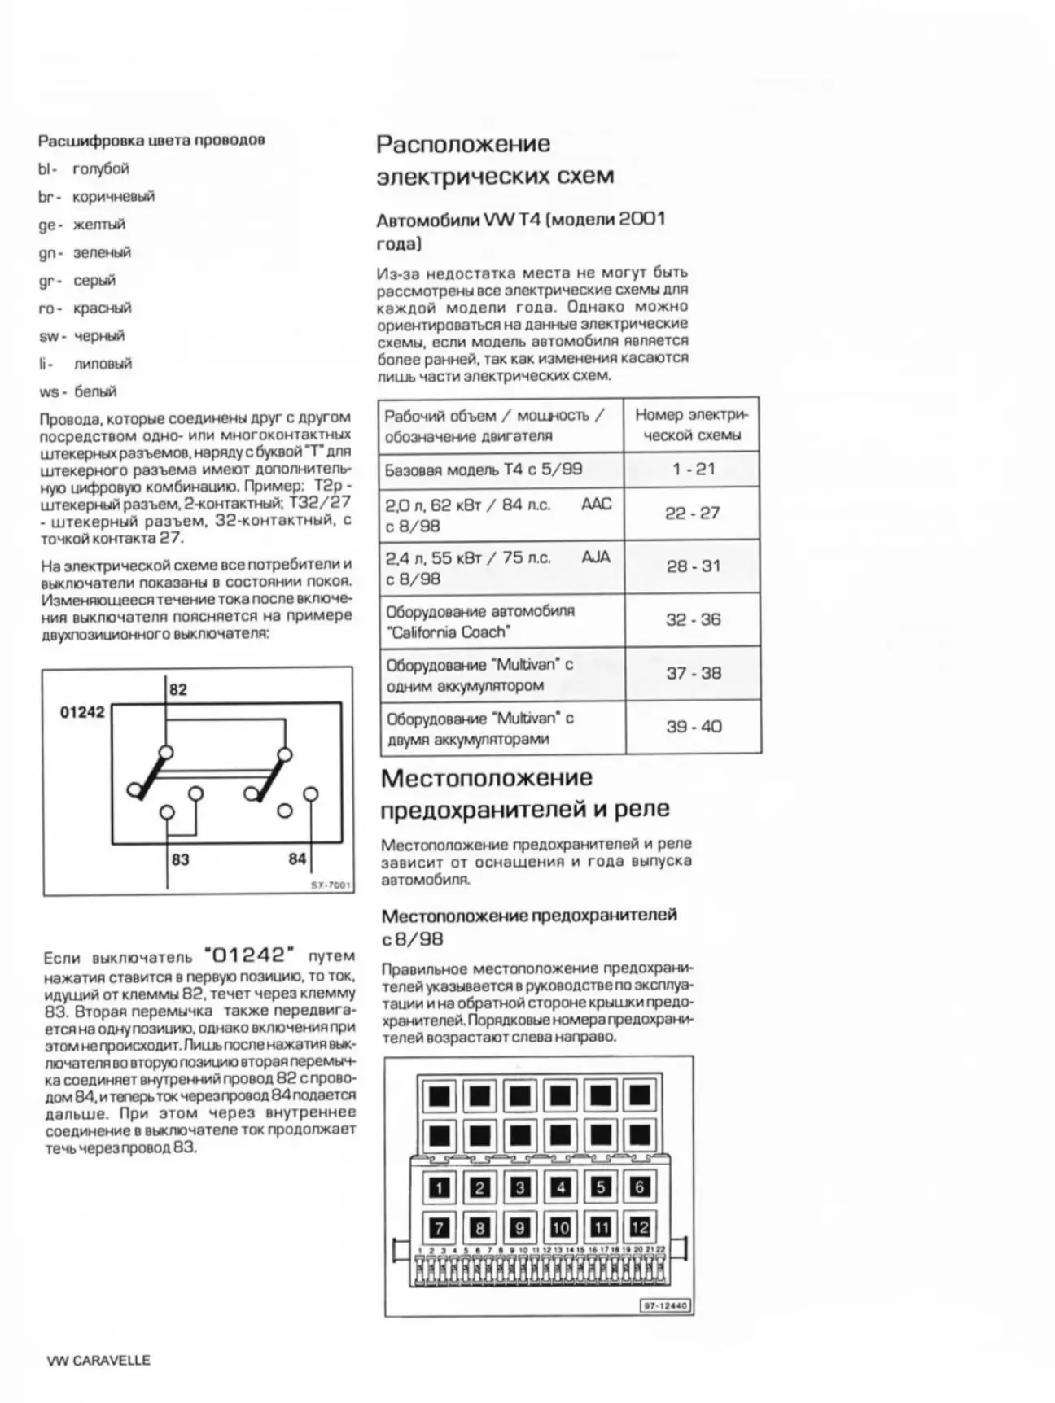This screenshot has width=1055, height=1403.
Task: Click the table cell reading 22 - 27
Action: pyautogui.click(x=693, y=514)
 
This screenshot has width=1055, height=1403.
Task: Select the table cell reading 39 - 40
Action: pyautogui.click(x=694, y=727)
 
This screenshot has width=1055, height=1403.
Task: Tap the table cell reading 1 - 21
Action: pyautogui.click(x=693, y=470)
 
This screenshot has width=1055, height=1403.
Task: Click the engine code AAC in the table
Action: pyautogui.click(x=596, y=505)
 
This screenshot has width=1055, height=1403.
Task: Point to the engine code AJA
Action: pyautogui.click(x=596, y=558)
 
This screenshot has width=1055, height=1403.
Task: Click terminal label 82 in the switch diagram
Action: pyautogui.click(x=178, y=690)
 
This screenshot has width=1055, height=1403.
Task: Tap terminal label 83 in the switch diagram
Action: pyautogui.click(x=180, y=859)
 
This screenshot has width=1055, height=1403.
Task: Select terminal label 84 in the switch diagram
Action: pyautogui.click(x=297, y=859)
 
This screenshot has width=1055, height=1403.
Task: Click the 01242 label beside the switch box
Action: pyautogui.click(x=82, y=713)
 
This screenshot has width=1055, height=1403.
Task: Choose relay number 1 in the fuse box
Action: pyautogui.click(x=440, y=1188)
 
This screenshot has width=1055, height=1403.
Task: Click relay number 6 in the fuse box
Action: pyautogui.click(x=640, y=1187)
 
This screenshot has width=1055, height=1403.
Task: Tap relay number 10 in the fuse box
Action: pyautogui.click(x=560, y=1227)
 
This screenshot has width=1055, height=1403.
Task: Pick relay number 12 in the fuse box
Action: pyautogui.click(x=640, y=1226)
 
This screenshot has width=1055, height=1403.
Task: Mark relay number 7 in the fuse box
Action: pyautogui.click(x=440, y=1228)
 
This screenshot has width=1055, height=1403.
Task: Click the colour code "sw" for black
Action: pyautogui.click(x=47, y=337)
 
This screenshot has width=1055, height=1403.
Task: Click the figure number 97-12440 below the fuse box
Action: pyautogui.click(x=666, y=1306)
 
